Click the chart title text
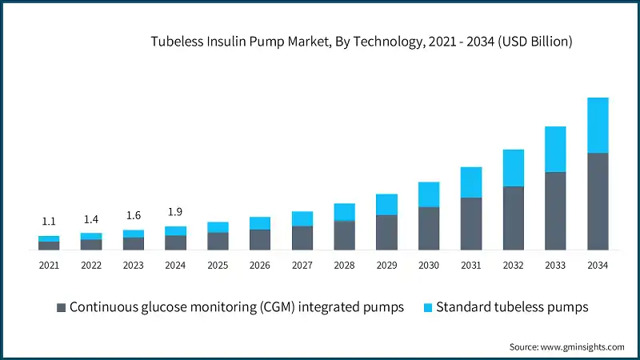coord(362,42)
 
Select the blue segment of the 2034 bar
coord(598,125)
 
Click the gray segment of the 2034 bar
coord(598,201)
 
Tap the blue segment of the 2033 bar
coord(555,149)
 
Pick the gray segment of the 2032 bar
coord(513,218)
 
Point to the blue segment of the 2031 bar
coord(471,182)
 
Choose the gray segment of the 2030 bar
coord(429,228)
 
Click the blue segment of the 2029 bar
coord(386,205)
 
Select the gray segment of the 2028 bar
coord(344,235)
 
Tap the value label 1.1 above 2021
coord(49,222)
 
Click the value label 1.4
coord(90,218)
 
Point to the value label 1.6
coord(133,215)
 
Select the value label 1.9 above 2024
coord(175,212)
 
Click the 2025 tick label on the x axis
coord(218,265)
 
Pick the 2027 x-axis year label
coord(302,265)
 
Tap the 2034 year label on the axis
coord(598,265)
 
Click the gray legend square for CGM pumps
coord(61,307)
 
